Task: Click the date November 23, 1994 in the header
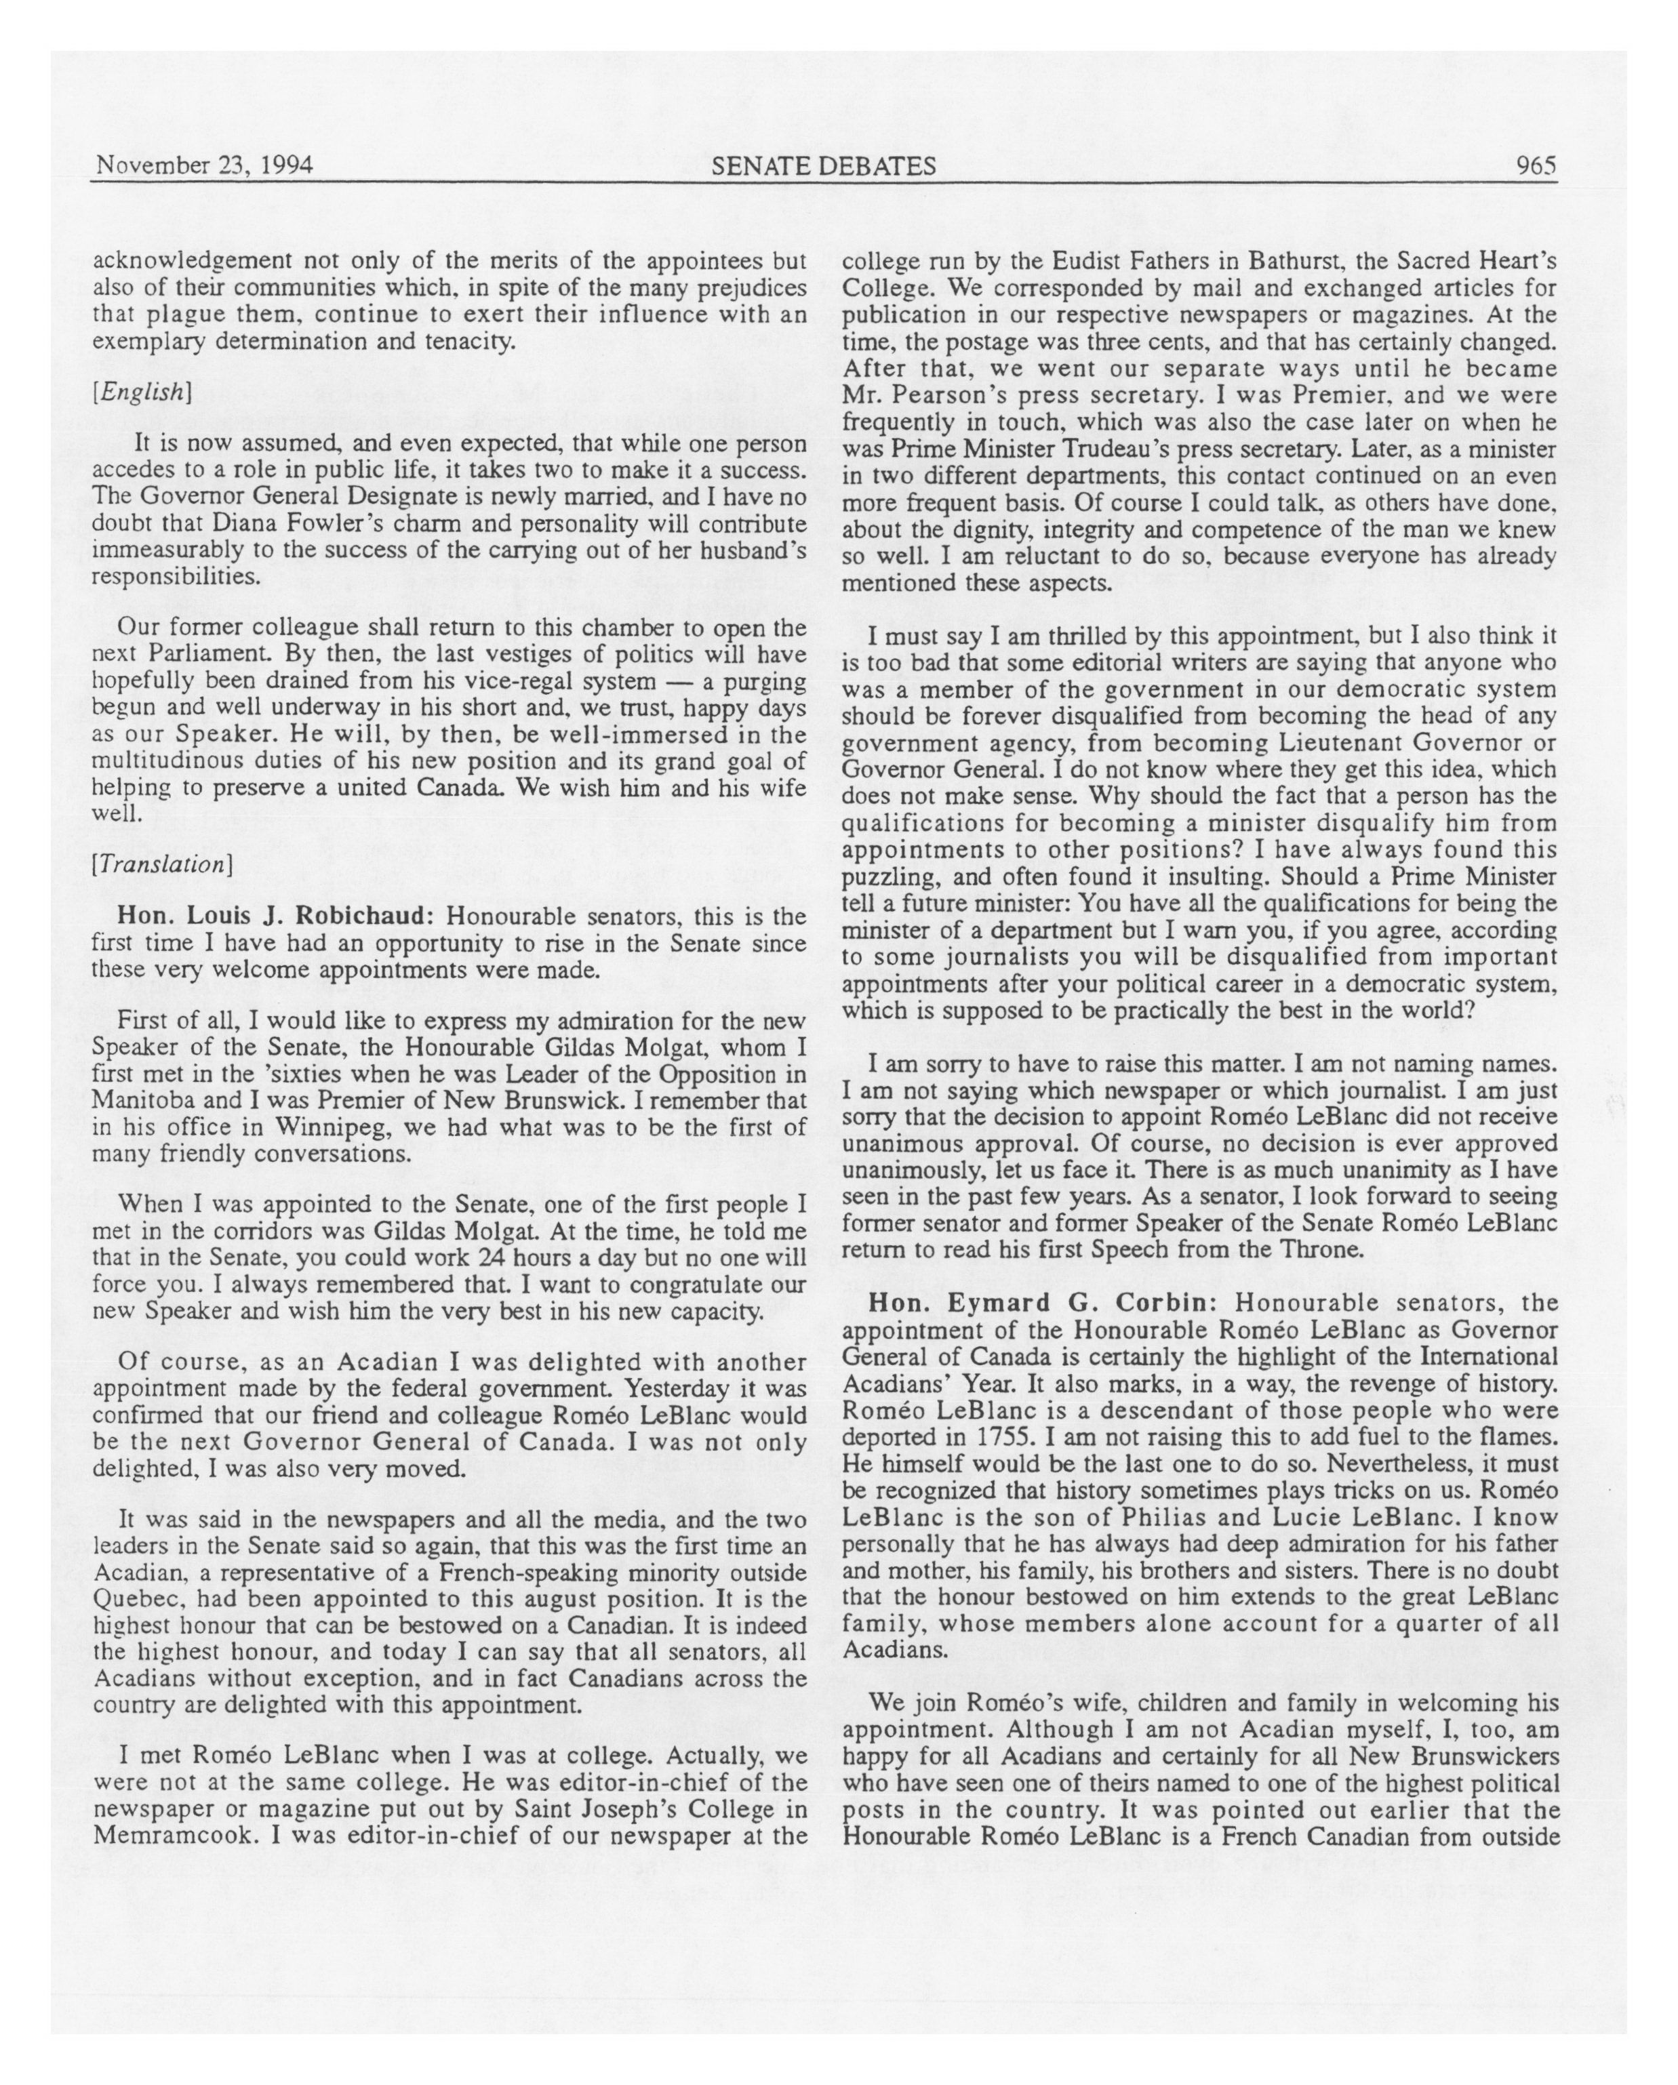[203, 165]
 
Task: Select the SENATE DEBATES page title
[823, 166]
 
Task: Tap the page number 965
[1536, 165]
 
